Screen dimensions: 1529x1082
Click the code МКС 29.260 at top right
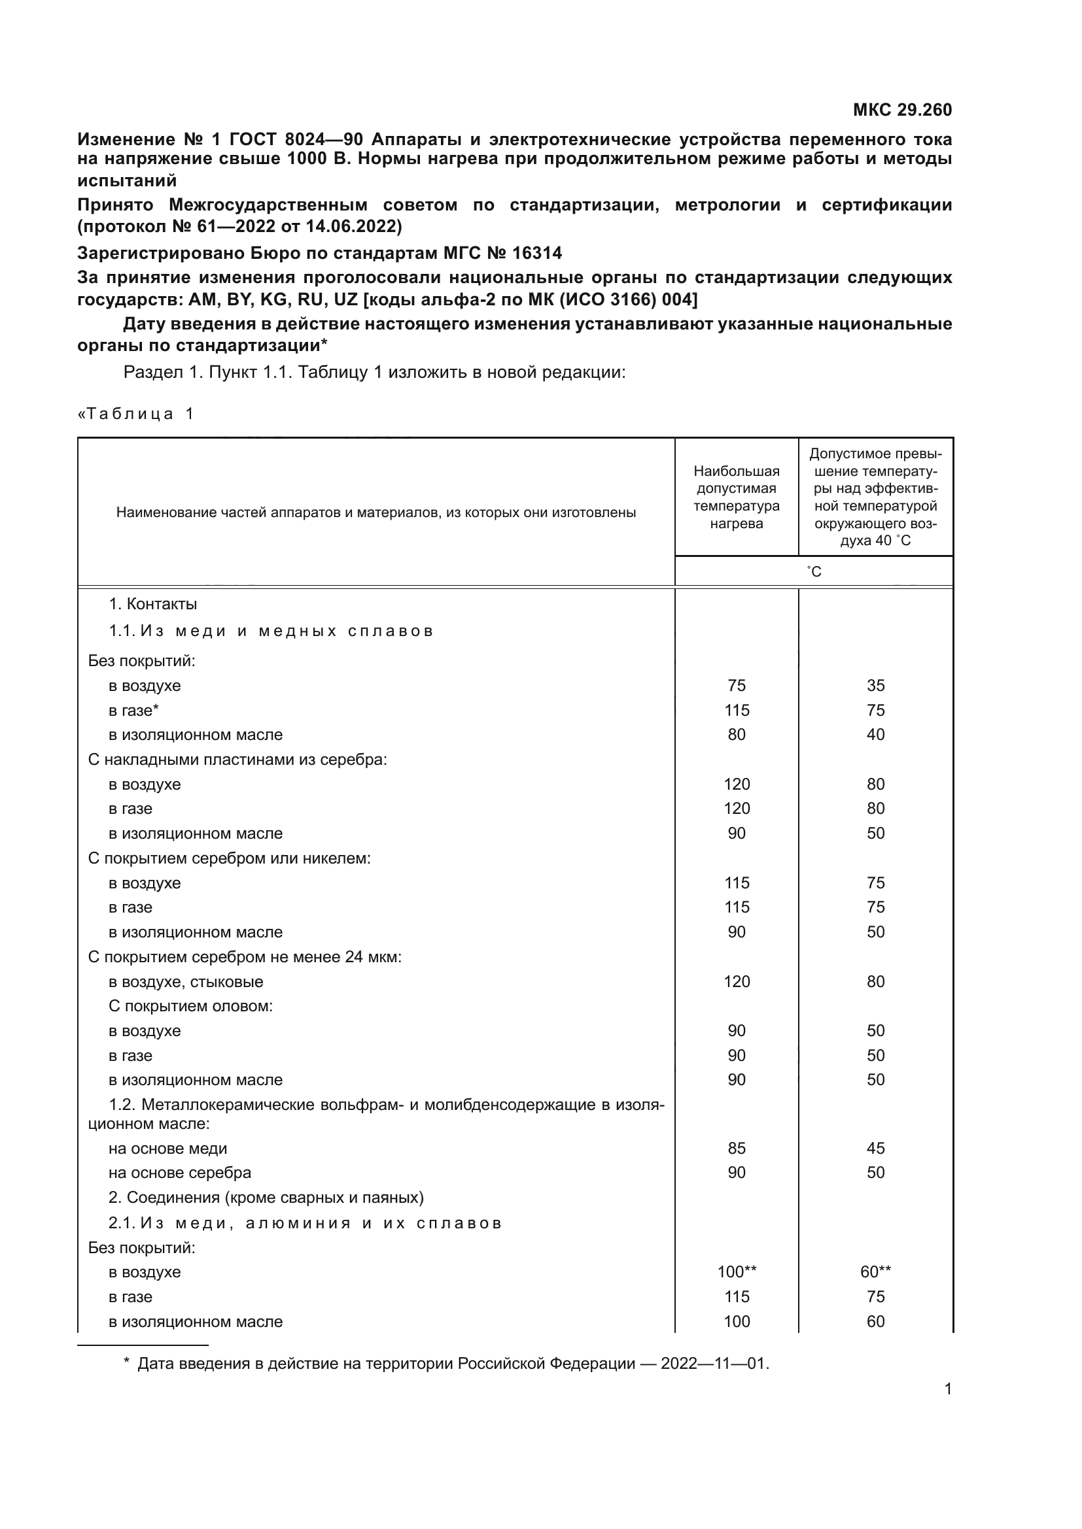pos(902,110)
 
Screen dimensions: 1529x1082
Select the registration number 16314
pos(536,253)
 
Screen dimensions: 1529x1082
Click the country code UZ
pos(346,299)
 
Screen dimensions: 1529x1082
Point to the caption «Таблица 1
pos(136,414)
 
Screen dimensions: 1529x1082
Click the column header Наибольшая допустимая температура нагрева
pos(736,497)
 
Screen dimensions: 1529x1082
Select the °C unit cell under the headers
pos(814,571)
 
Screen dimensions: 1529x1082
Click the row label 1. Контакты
pos(152,604)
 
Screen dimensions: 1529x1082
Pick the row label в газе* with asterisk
pos(133,711)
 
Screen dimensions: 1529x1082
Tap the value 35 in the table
pos(875,685)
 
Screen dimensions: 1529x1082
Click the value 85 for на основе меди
pos(736,1148)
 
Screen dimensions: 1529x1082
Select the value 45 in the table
pos(875,1148)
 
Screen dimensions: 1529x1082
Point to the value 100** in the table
pos(736,1272)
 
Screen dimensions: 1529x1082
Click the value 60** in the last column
pos(875,1272)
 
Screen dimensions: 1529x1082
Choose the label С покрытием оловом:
pos(190,1005)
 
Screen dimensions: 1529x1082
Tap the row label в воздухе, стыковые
pos(186,982)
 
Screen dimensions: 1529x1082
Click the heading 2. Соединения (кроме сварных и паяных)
pos(266,1198)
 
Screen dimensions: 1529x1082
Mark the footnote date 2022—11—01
pos(714,1364)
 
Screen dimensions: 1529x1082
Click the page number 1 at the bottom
pos(948,1389)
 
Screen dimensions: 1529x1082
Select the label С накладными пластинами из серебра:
pos(237,759)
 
